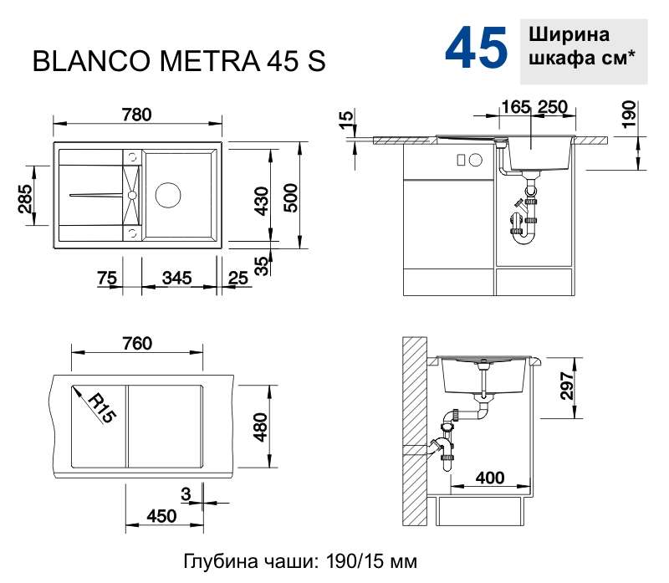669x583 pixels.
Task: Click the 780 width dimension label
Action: pos(136,115)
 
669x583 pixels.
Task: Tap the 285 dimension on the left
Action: pos(25,198)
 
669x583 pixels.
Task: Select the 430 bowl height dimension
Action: pos(261,201)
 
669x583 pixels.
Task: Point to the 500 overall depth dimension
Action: pos(291,198)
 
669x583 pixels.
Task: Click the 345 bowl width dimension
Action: pos(177,278)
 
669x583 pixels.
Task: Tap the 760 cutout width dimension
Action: pos(137,344)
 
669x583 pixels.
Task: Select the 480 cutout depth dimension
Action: pos(260,427)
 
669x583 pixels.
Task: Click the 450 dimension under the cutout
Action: pos(161,516)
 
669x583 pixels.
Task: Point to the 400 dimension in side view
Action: pos(490,478)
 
